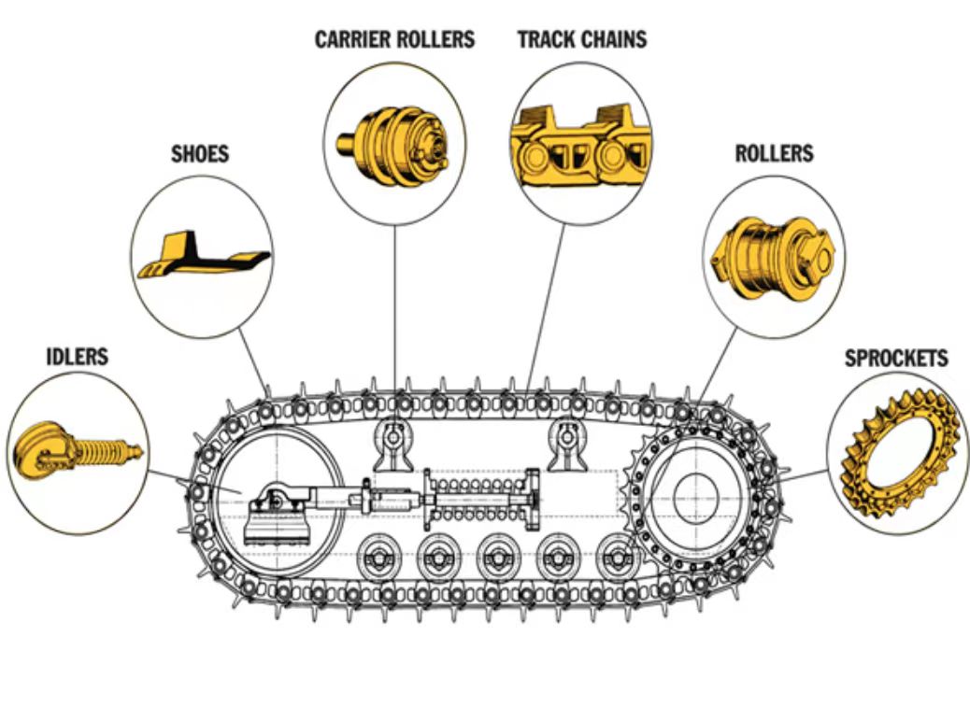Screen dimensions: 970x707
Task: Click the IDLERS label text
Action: tap(78, 357)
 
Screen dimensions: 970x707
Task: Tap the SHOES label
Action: tap(200, 154)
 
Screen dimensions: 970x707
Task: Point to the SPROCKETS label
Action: tap(896, 359)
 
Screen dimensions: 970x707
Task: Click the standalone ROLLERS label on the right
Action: tap(774, 154)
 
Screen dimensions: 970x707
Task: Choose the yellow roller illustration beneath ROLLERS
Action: tap(773, 259)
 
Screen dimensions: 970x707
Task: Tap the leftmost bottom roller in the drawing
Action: tap(378, 559)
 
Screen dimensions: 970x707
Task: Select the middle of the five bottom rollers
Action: tap(497, 559)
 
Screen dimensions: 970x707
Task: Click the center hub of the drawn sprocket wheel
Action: tap(696, 498)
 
